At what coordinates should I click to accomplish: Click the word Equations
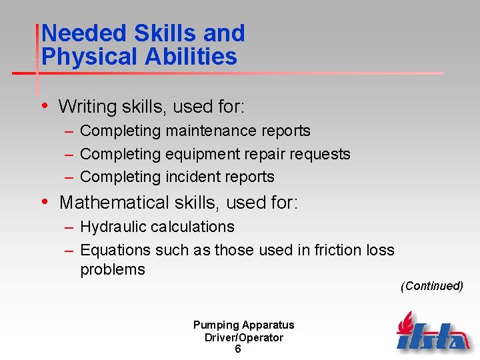[x=115, y=250]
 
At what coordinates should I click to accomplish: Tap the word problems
[x=113, y=269]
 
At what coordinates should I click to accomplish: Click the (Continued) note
[x=432, y=286]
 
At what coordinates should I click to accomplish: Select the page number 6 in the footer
[x=238, y=349]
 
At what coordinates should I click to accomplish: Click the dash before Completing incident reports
[x=69, y=177]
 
